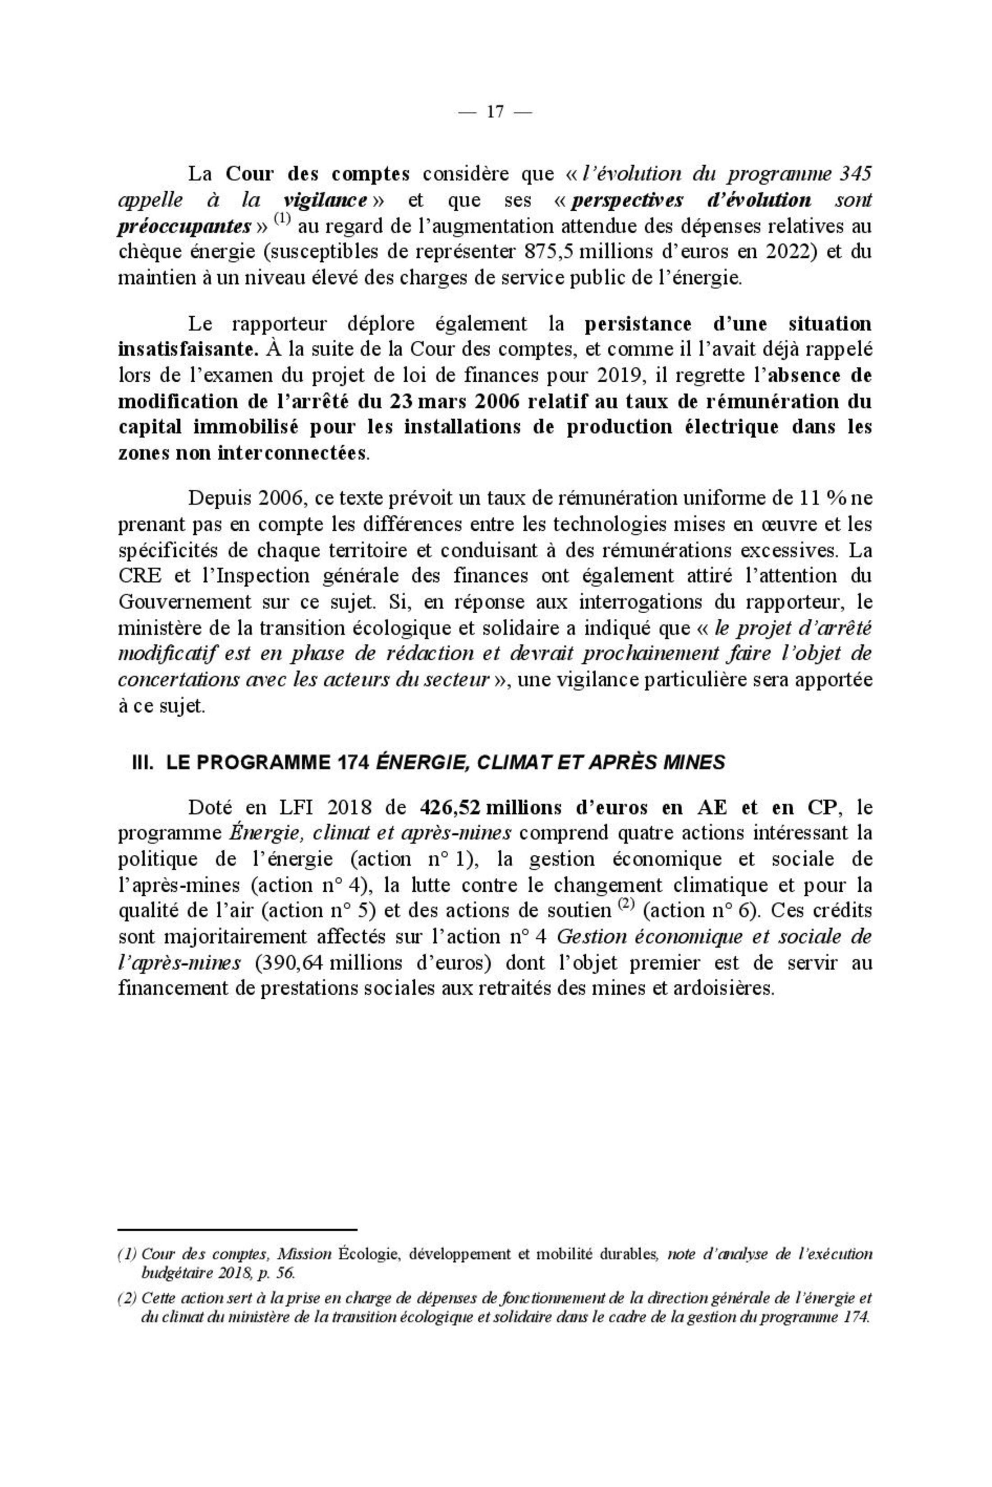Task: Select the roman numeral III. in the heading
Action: [143, 763]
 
